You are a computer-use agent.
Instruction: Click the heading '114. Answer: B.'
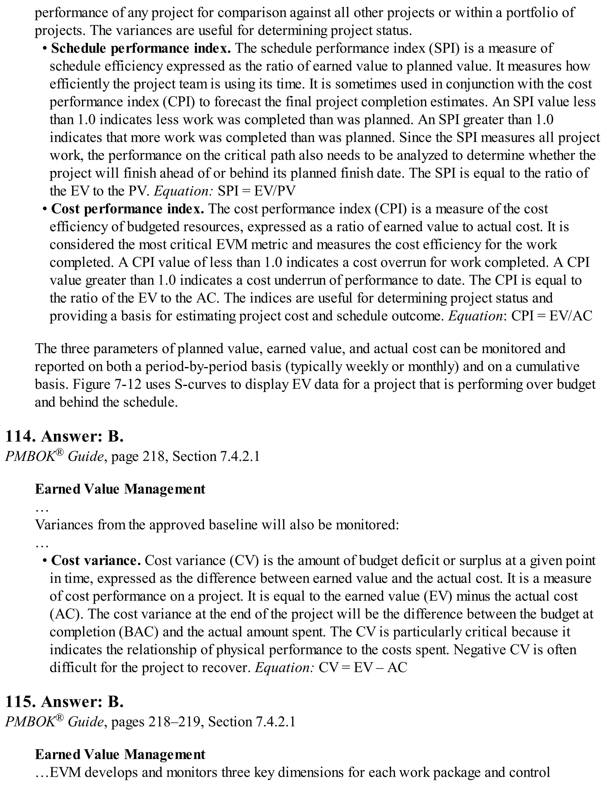[x=65, y=436]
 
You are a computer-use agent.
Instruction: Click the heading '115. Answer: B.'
[x=65, y=701]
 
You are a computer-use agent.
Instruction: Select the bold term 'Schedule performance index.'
[x=141, y=48]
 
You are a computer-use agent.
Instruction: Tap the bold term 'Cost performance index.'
[x=128, y=209]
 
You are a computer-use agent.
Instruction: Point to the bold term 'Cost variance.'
[x=96, y=560]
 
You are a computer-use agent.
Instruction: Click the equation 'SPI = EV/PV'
[x=256, y=191]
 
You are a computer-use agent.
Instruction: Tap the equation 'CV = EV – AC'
[x=363, y=667]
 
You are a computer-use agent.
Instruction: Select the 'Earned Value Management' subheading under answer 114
[x=120, y=489]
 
